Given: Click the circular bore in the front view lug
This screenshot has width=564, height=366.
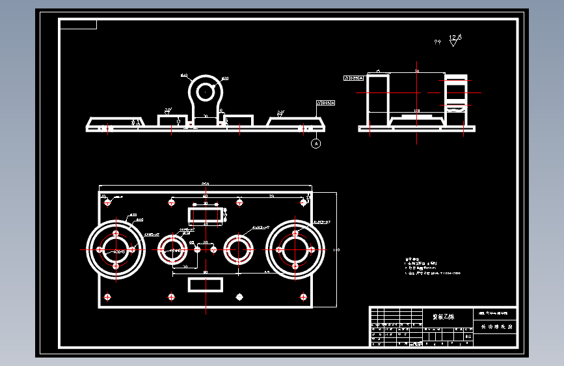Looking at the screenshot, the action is [206, 90].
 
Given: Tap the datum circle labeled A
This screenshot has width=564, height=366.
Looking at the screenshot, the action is [316, 143].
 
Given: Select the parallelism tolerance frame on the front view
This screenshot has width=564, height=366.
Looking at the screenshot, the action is [325, 103].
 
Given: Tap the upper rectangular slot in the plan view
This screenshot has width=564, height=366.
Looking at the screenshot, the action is [205, 214].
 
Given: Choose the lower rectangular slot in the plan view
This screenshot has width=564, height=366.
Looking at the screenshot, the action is [205, 284].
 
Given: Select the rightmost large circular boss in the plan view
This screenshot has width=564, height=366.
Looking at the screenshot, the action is [295, 249].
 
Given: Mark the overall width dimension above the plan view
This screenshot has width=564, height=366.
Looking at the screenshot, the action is [205, 184].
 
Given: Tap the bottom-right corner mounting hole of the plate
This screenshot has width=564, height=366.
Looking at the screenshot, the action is [303, 297].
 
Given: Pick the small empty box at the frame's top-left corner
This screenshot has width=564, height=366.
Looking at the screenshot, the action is [78, 25].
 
